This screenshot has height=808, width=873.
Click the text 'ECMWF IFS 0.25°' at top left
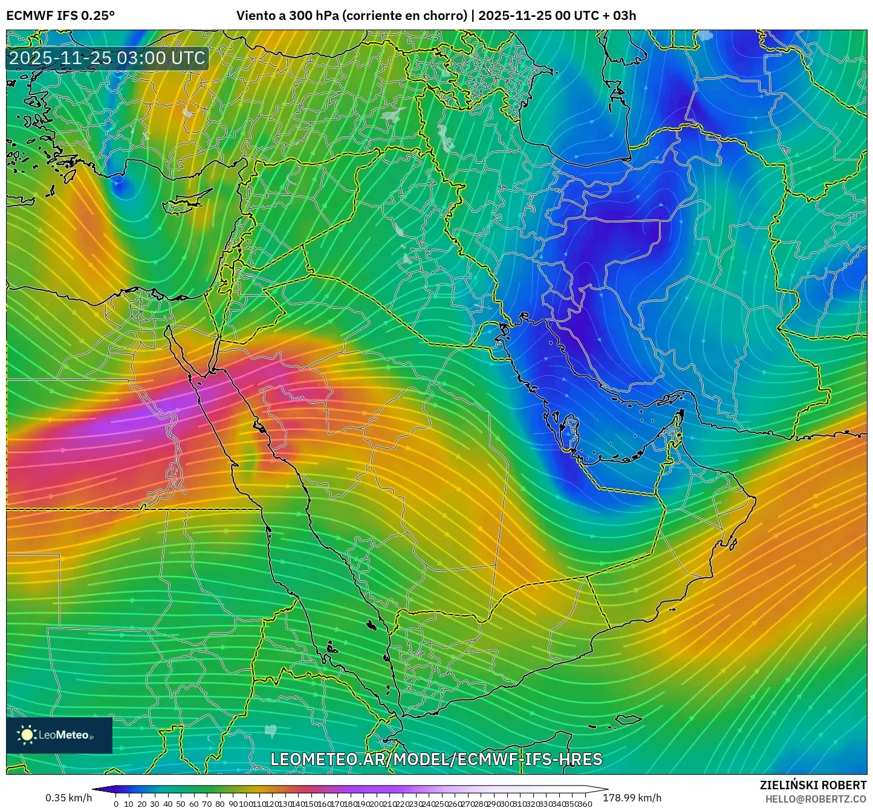(60, 16)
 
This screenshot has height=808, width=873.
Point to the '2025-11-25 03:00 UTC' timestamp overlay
(107, 58)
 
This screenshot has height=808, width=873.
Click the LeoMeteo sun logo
(27, 735)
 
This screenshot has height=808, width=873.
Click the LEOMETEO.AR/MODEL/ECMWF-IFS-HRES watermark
(436, 759)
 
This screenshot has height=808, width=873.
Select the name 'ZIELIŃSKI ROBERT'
(813, 785)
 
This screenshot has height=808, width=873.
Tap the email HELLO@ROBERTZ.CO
(816, 799)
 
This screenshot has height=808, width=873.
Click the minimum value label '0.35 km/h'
(68, 798)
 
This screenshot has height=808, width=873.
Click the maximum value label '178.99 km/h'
(632, 798)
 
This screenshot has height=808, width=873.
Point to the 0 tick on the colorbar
(116, 803)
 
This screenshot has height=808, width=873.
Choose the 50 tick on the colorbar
(181, 803)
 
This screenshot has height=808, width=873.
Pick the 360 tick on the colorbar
(585, 803)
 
